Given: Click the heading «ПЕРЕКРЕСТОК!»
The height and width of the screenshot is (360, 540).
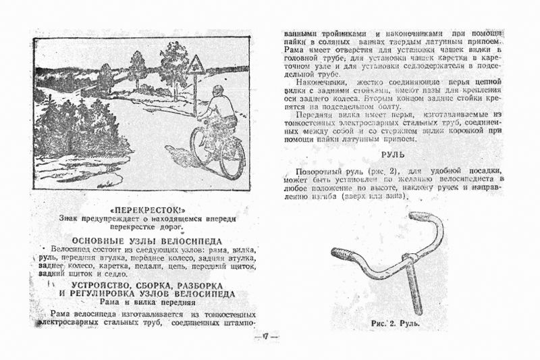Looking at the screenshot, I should pos(146,207).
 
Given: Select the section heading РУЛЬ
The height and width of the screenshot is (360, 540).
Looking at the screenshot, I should pos(394,155).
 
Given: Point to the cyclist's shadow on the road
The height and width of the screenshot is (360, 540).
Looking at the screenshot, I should pos(184,162).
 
